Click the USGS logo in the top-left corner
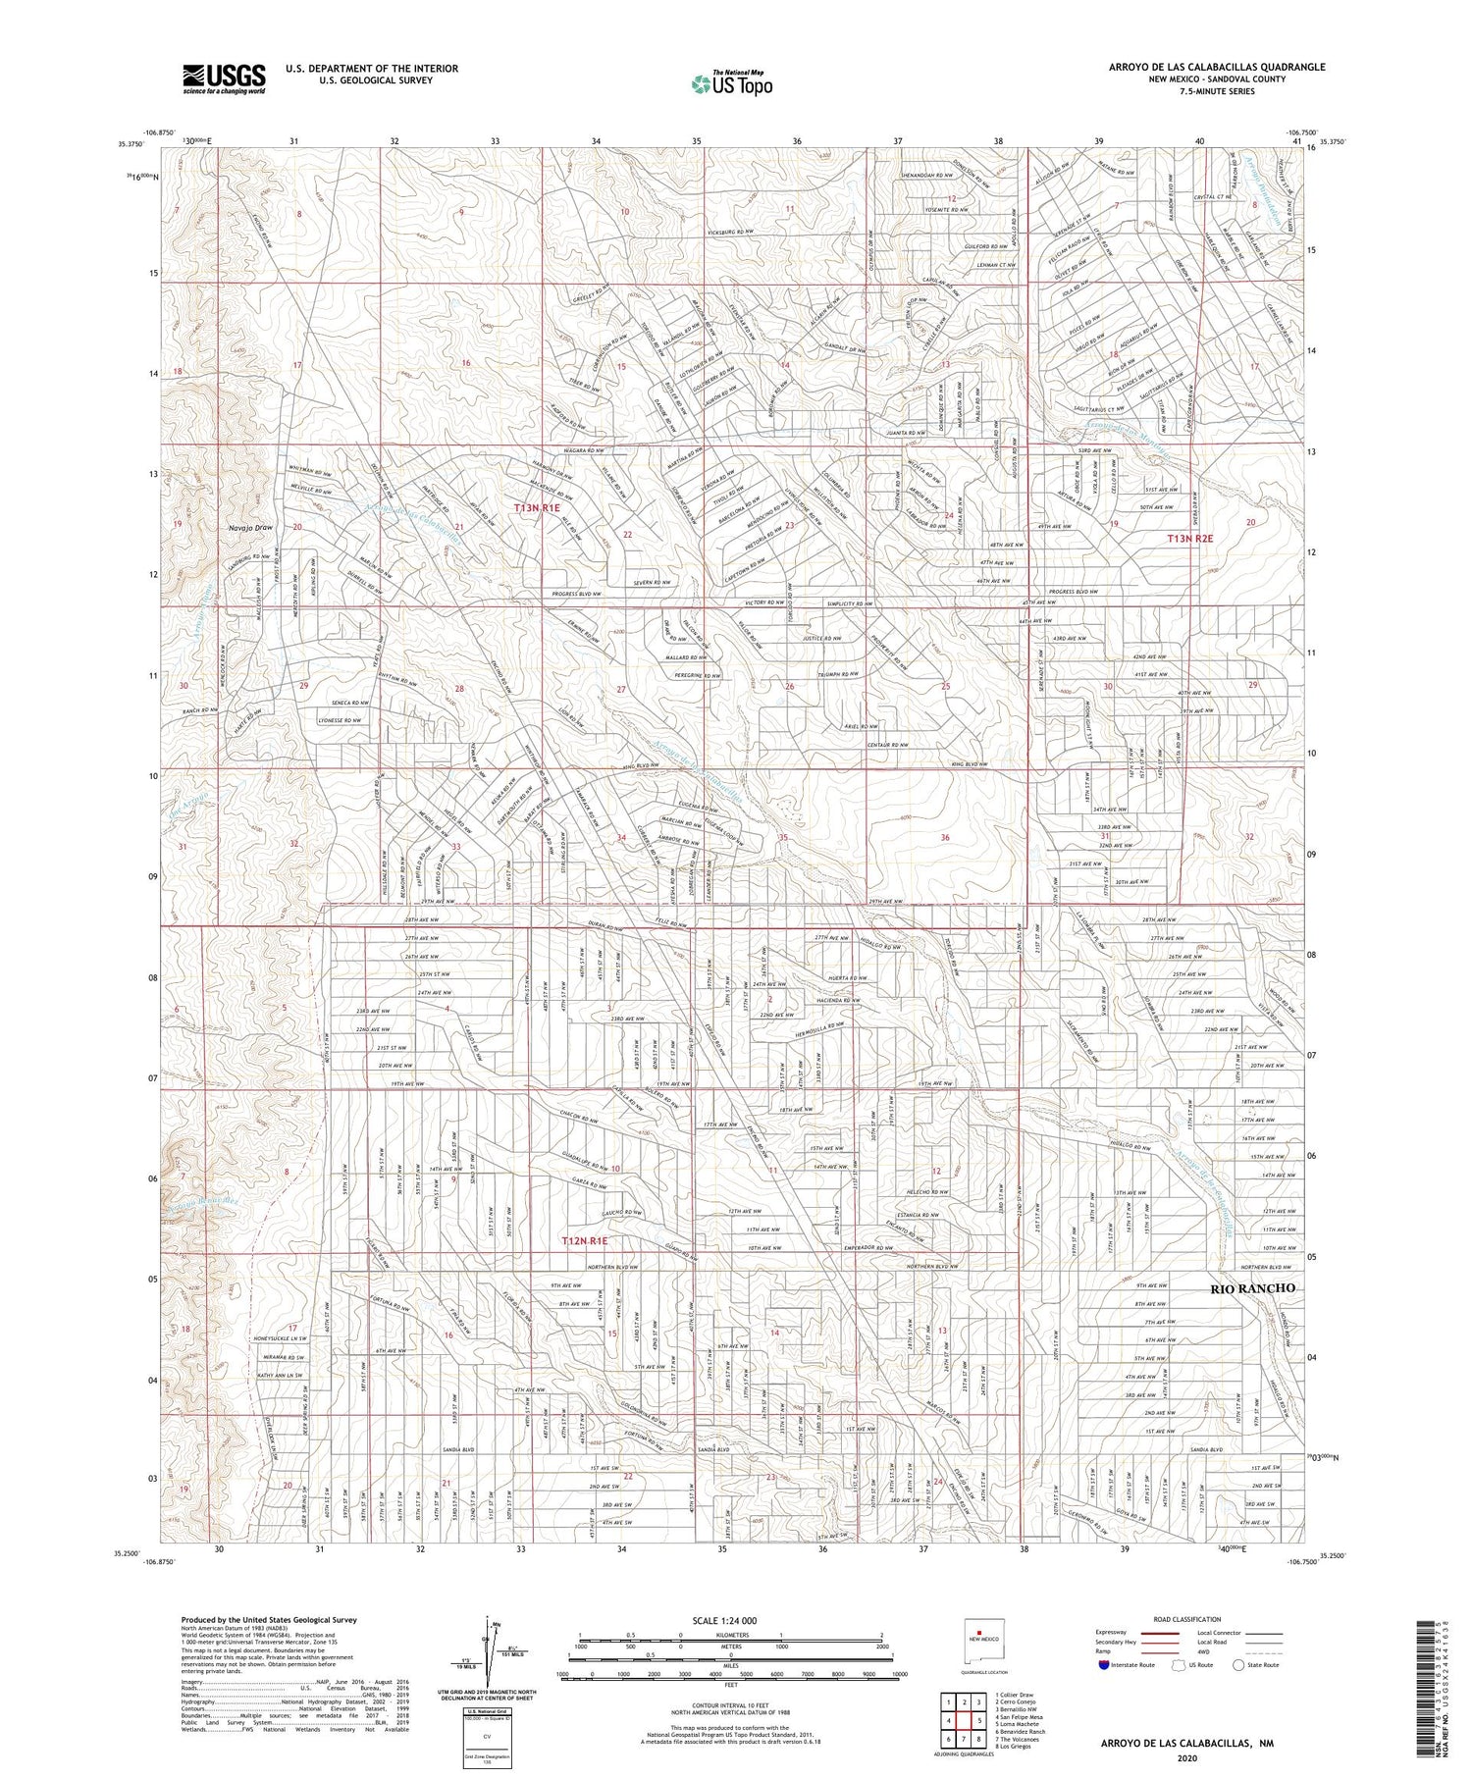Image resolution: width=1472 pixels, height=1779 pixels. (224, 78)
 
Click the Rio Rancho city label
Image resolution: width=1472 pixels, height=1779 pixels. (1251, 1287)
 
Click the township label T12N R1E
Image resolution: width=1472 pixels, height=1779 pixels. (591, 1241)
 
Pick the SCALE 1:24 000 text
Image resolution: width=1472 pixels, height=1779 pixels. (731, 1620)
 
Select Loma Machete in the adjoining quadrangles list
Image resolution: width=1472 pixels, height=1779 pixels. (1017, 1724)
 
